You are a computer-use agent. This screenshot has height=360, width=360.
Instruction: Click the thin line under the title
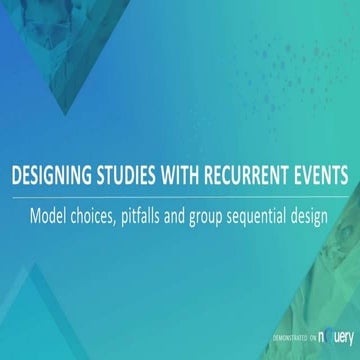point(180,194)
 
